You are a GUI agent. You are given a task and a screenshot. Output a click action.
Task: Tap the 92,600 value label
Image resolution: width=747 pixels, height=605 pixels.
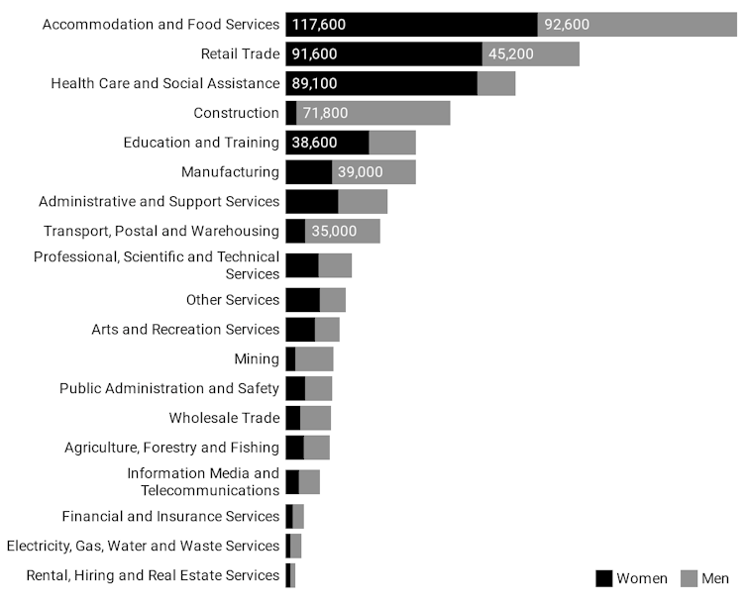click(x=567, y=25)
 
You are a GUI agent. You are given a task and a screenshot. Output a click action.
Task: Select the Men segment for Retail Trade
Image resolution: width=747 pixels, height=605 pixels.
click(x=531, y=54)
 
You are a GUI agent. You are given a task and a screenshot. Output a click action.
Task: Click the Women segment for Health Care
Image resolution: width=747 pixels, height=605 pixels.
click(x=381, y=83)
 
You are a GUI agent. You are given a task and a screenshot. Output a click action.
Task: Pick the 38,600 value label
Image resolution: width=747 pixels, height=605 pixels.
click(x=314, y=143)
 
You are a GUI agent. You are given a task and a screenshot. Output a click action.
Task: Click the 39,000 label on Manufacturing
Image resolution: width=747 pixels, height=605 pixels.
click(x=360, y=172)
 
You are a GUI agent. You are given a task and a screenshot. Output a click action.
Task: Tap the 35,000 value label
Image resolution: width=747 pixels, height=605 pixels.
click(x=333, y=231)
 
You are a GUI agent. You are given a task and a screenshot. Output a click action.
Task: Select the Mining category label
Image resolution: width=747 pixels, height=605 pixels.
click(x=257, y=358)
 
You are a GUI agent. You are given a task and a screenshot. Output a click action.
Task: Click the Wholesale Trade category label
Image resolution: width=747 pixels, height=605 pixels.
click(x=224, y=418)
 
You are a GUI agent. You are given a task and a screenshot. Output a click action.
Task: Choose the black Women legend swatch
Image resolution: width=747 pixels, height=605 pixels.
click(x=603, y=578)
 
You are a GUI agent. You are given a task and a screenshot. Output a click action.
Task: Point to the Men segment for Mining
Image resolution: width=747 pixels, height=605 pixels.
click(x=314, y=358)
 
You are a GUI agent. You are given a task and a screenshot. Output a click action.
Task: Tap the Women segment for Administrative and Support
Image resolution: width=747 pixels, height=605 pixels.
click(x=311, y=201)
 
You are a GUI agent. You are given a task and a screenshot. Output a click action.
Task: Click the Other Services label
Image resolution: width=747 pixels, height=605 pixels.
click(x=233, y=300)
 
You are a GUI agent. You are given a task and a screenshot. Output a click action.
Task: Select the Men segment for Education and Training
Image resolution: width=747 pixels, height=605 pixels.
click(x=392, y=143)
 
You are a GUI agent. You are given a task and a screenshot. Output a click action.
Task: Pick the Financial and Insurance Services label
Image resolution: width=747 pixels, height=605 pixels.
click(x=170, y=516)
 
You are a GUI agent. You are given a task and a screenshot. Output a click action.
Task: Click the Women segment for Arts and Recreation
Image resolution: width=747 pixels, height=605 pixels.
click(x=299, y=329)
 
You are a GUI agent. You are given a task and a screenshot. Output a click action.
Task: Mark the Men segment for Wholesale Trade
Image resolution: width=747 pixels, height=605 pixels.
click(x=315, y=418)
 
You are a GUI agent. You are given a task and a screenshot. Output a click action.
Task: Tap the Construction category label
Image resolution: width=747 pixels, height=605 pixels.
click(x=236, y=113)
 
